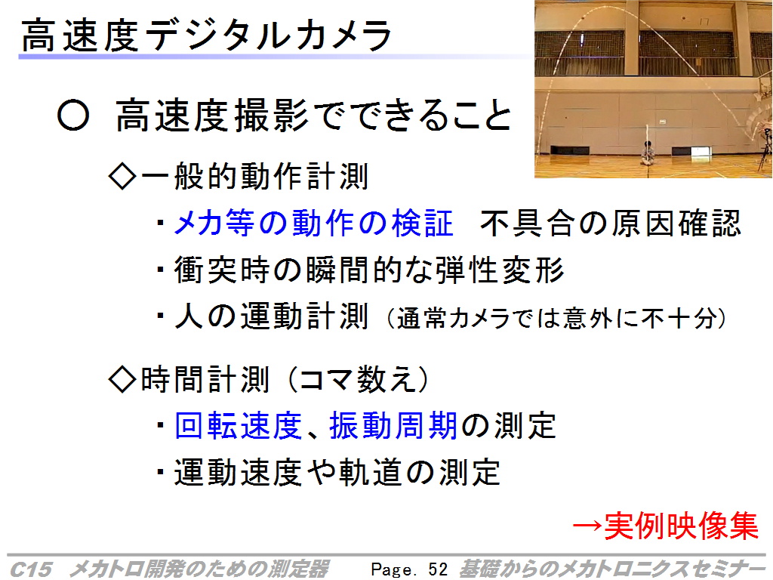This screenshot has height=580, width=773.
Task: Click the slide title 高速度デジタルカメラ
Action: tap(207, 35)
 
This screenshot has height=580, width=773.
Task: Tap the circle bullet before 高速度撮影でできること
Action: tap(73, 116)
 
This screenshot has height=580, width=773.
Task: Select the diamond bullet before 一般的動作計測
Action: tap(122, 177)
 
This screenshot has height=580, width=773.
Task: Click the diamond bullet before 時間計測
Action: tap(122, 379)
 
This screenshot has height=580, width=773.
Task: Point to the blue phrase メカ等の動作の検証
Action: tap(313, 223)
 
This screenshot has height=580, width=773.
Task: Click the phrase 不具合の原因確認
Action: tap(610, 223)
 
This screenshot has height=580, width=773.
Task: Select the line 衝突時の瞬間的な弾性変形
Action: tap(369, 270)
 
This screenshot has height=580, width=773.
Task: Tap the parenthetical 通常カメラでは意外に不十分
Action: tap(556, 318)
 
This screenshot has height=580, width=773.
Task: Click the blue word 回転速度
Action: tap(238, 425)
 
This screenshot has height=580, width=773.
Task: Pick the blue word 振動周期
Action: tap(393, 425)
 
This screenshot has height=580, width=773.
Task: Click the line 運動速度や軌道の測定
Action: tap(337, 472)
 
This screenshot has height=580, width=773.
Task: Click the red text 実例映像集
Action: tap(681, 526)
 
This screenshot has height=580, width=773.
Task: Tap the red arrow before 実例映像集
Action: tap(587, 526)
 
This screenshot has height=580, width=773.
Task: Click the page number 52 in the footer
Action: tap(438, 569)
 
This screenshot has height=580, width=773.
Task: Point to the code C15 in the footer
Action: tap(30, 569)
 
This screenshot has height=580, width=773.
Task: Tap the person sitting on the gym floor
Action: tap(648, 153)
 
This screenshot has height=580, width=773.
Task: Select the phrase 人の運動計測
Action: tap(272, 316)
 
